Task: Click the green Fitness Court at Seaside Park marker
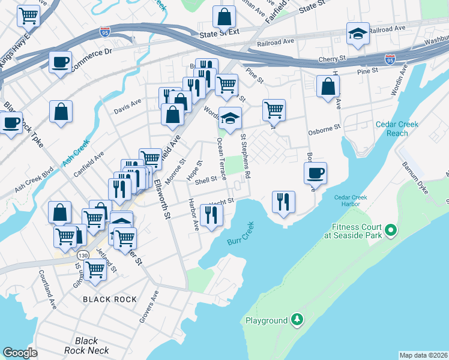pos(390,229)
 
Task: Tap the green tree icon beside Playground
pos(296,320)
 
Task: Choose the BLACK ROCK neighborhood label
pos(110,299)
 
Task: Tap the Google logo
pos(20,352)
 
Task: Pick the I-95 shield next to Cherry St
pos(390,59)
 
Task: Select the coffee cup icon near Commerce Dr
pos(60,62)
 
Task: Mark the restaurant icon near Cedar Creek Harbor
pos(283,202)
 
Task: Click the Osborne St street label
pos(325,127)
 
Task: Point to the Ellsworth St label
pos(163,199)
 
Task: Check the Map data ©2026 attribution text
pos(424,355)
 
